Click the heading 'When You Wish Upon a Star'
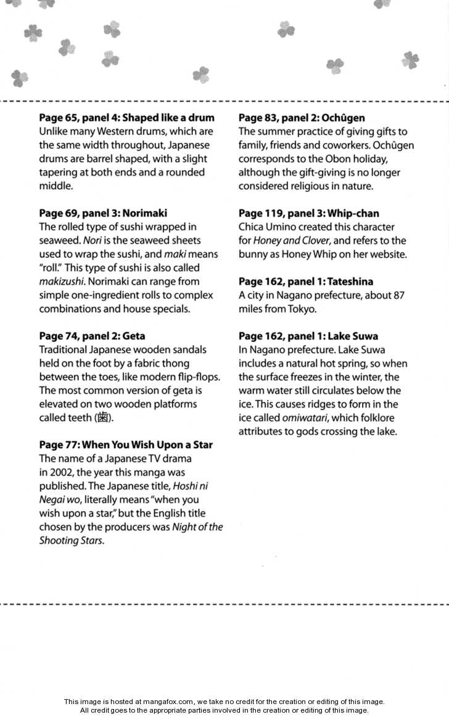pyautogui.click(x=147, y=445)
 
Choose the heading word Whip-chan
pyautogui.click(x=353, y=213)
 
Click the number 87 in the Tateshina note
pyautogui.click(x=398, y=295)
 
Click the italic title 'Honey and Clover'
pyautogui.click(x=290, y=240)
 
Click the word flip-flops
pyautogui.click(x=196, y=377)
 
